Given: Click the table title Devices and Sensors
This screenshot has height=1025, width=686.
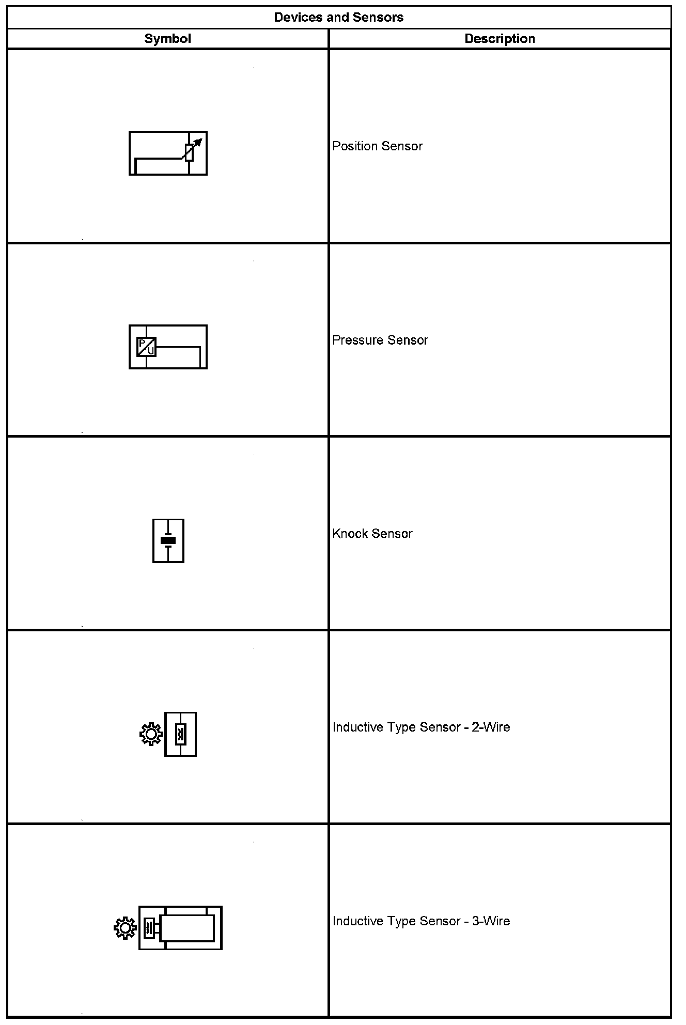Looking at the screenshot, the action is tap(338, 18).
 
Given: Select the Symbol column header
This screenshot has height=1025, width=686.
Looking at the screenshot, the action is tap(167, 39).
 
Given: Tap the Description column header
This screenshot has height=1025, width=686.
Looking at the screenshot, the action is tap(500, 39).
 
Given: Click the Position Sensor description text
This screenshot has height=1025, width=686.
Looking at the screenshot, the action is tap(377, 146).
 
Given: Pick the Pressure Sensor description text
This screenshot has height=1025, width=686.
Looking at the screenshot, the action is tap(380, 340).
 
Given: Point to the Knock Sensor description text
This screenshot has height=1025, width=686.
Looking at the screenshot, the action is tap(372, 534).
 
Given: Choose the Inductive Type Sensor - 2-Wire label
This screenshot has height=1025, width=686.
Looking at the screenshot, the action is tap(421, 727).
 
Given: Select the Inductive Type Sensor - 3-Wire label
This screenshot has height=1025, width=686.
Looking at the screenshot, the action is tap(421, 921).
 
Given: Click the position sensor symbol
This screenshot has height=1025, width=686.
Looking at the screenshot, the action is tap(168, 153).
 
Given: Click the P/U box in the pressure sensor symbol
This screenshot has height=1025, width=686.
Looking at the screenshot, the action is tap(146, 347).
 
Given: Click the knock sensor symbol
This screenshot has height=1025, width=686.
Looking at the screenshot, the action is tap(168, 540).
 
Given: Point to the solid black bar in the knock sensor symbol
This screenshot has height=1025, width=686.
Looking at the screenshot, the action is tap(168, 540).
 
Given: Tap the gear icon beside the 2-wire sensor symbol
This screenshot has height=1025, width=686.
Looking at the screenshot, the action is tap(151, 735).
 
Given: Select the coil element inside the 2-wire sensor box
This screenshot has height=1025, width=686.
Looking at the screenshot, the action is tap(180, 735).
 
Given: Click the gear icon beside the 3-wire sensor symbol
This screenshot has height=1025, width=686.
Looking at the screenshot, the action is tap(125, 928).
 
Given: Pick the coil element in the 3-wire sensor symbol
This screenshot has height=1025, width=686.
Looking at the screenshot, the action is tap(149, 928).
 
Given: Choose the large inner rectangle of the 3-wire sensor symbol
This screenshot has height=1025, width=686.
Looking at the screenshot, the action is tap(187, 928).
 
